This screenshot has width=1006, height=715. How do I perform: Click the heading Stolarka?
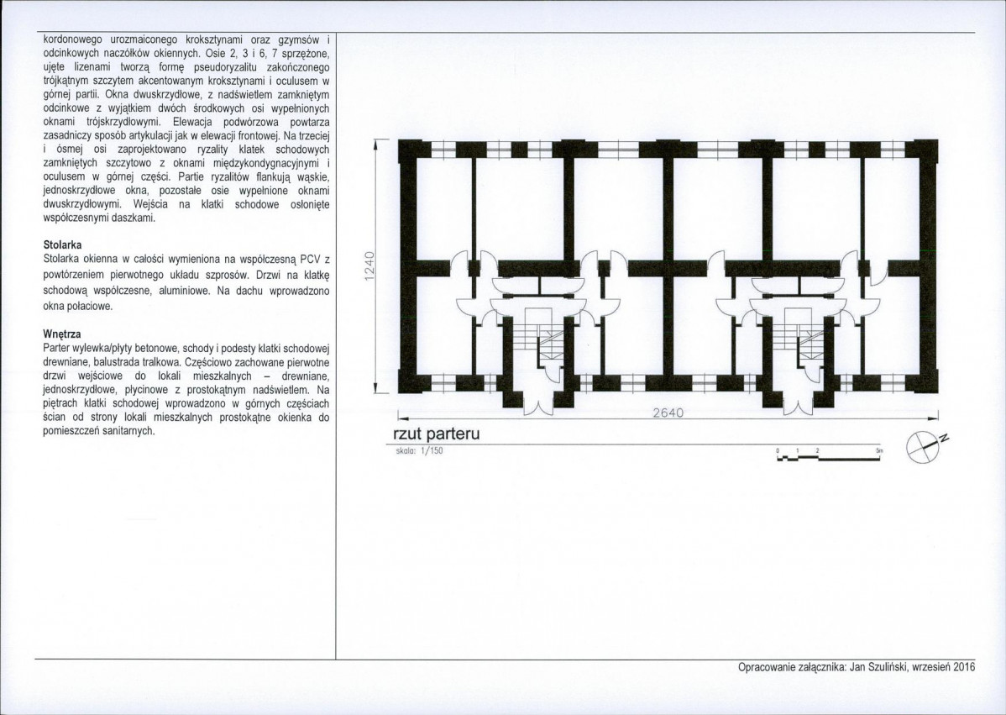pyautogui.click(x=62, y=245)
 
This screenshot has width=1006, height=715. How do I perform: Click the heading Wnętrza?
pyautogui.click(x=61, y=334)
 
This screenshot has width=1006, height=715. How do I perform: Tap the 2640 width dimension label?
pyautogui.click(x=668, y=413)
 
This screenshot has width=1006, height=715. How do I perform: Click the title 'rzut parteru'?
pyautogui.click(x=437, y=434)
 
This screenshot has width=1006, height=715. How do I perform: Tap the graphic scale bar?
pyautogui.click(x=829, y=455)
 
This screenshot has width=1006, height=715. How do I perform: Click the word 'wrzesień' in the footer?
pyautogui.click(x=931, y=667)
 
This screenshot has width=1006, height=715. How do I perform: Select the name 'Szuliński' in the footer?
pyautogui.click(x=888, y=667)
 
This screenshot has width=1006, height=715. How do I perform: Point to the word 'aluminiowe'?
pyautogui.click(x=186, y=291)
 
